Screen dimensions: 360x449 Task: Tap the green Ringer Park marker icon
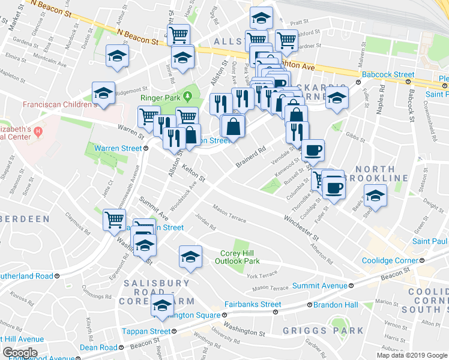187,96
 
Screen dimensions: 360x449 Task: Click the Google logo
20,352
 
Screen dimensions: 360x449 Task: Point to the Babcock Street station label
387,75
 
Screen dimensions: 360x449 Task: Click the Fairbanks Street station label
253,304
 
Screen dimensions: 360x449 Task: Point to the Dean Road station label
98,347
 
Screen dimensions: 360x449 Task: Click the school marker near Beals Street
375,196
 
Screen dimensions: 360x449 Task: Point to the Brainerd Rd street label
251,158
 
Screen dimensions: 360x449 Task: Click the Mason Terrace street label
229,216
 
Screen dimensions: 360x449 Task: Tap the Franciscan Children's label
59,104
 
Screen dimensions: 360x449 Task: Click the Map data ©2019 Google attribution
411,355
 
